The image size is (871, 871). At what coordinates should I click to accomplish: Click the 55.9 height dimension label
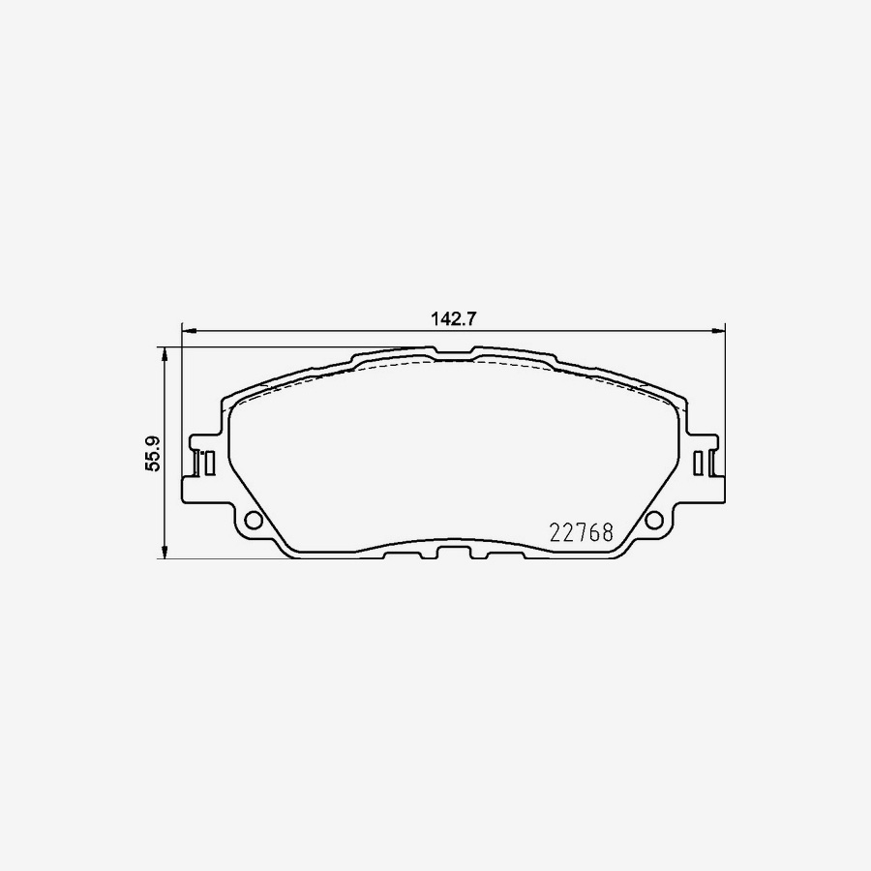[x=153, y=453]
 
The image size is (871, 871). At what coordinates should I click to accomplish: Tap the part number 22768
[x=582, y=532]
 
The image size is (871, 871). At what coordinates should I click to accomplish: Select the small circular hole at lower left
[x=254, y=520]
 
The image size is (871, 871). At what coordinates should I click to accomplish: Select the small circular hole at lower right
[x=655, y=520]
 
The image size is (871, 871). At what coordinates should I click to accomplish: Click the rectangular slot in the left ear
[x=203, y=463]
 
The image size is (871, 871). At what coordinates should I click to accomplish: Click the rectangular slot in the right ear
[x=705, y=463]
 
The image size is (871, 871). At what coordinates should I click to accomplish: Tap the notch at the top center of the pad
[x=454, y=350]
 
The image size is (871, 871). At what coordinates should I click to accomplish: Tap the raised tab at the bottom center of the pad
[x=454, y=552]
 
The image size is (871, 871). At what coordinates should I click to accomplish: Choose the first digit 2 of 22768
[x=556, y=532]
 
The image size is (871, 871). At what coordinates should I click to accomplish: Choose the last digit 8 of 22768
[x=608, y=532]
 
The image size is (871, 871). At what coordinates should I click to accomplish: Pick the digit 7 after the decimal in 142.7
[x=475, y=318]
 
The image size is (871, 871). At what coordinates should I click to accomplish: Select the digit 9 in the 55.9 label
[x=153, y=436]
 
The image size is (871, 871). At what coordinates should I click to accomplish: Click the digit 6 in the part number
[x=594, y=532]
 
